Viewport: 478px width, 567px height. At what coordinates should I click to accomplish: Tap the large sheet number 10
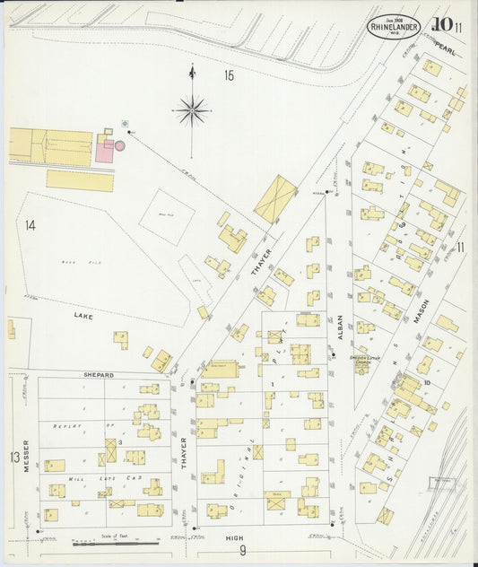point(441,25)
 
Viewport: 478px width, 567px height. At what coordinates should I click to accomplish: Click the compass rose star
point(192,110)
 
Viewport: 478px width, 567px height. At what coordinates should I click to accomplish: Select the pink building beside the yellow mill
point(106,151)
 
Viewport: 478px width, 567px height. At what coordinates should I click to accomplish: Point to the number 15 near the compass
point(229,76)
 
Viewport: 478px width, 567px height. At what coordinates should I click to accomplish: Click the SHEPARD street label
point(99,374)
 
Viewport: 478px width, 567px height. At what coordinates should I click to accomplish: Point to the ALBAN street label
point(341,336)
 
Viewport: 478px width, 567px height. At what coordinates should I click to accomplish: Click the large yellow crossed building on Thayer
point(275,198)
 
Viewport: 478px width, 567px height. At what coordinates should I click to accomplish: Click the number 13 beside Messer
point(14,458)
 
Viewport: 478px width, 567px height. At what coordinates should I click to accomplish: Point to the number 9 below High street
point(242,550)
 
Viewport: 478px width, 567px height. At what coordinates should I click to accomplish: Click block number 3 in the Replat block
point(119,442)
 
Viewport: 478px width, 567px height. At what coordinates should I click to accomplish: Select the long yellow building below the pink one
point(80,180)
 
